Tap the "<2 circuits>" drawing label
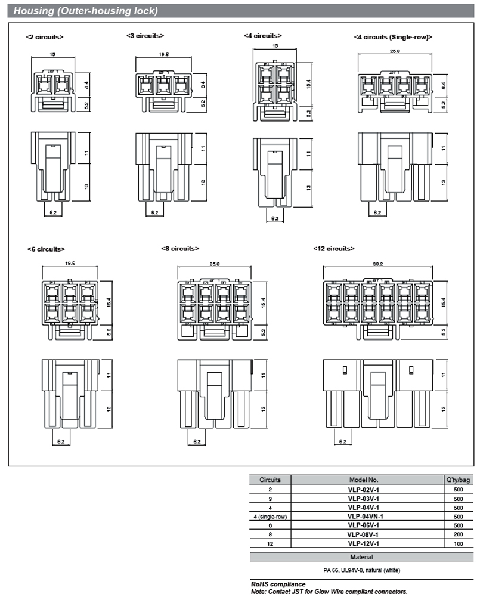coord(45,37)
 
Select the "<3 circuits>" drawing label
coord(145,36)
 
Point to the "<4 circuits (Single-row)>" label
coord(393,37)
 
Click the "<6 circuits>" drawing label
coord(46,249)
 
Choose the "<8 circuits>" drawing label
coord(180,248)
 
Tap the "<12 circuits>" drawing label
coord(334,248)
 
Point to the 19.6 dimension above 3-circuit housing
coord(163,54)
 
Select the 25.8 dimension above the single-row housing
coord(394,51)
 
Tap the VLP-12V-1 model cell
coord(363,543)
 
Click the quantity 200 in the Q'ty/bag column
coord(458,534)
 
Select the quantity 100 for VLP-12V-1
coord(458,543)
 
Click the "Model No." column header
coord(364,480)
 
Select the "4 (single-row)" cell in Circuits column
coord(270,516)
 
